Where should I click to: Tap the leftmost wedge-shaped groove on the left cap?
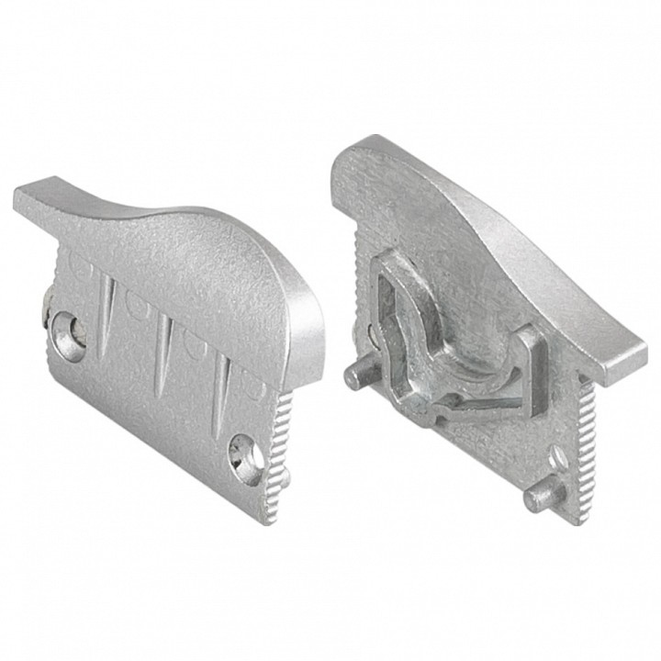pyautogui.click(x=107, y=302)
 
